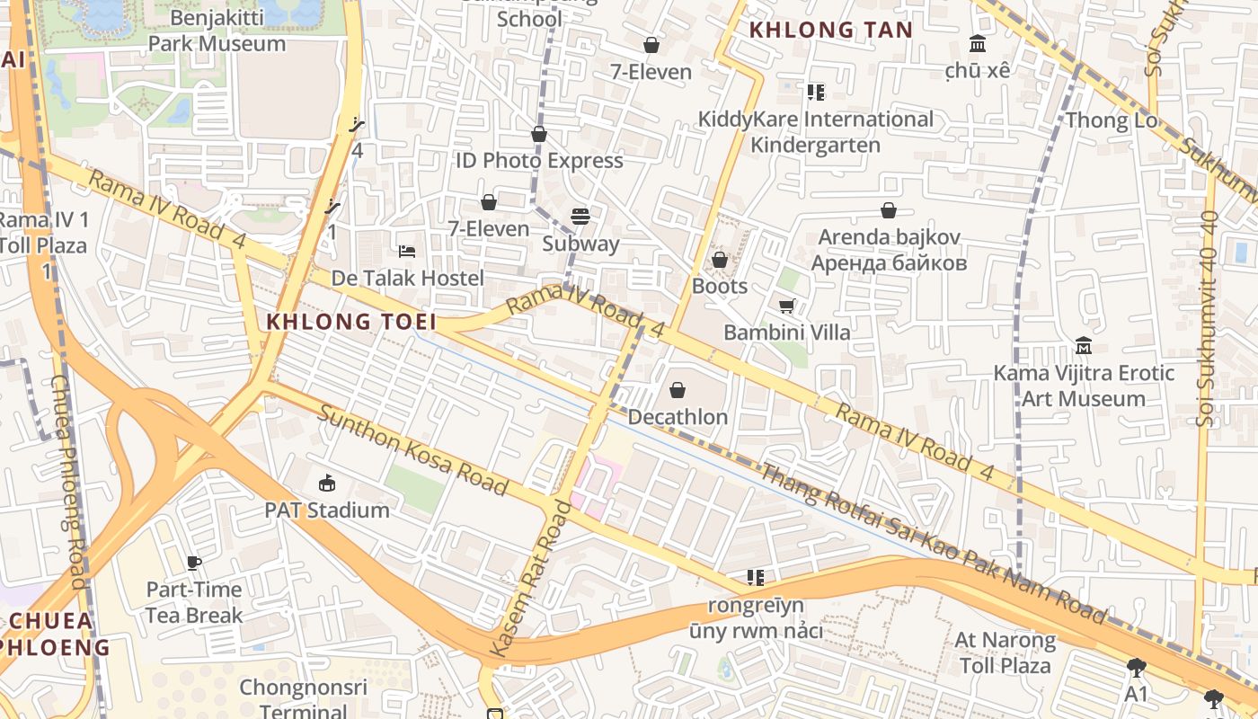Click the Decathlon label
(x=678, y=417)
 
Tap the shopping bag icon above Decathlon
(x=678, y=390)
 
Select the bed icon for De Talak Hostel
(x=407, y=251)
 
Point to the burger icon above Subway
(x=580, y=217)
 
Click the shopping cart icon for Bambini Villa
(x=787, y=306)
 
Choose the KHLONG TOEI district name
(x=351, y=321)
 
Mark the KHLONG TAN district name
(x=830, y=30)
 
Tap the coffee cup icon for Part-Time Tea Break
(x=194, y=564)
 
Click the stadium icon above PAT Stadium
(x=326, y=484)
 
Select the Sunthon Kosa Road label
(x=412, y=450)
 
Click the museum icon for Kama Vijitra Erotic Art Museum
(x=1084, y=346)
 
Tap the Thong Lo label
(x=1110, y=120)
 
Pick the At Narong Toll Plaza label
(x=1005, y=653)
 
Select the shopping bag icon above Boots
(x=720, y=260)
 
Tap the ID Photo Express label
(x=539, y=161)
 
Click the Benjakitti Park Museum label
(x=216, y=31)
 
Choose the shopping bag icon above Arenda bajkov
(x=889, y=210)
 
